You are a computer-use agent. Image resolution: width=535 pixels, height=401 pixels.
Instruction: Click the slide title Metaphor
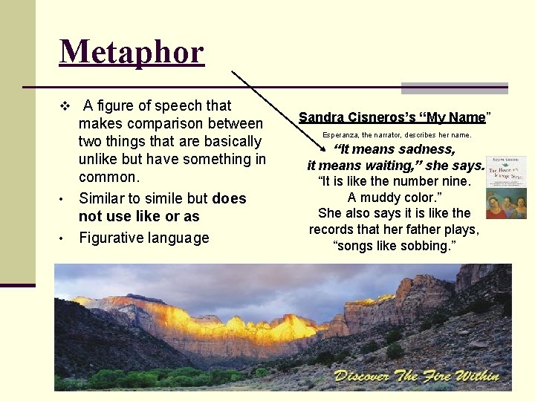(132, 53)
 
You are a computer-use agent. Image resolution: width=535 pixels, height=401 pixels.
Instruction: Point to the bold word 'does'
(229, 198)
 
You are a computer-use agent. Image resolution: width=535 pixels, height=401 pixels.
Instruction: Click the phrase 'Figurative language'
(143, 238)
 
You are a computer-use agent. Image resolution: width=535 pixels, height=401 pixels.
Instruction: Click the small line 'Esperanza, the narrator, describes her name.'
(396, 135)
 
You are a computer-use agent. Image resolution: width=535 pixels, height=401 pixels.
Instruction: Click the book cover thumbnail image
(505, 187)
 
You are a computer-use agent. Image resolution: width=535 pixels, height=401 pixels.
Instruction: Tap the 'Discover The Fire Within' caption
(416, 375)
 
